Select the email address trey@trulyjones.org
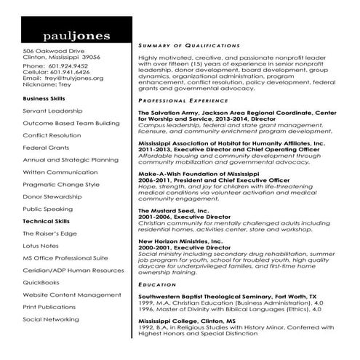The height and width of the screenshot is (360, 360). (71, 78)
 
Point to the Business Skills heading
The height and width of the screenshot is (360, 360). (44, 97)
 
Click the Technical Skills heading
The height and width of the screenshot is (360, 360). (46, 220)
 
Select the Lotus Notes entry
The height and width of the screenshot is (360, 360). (41, 246)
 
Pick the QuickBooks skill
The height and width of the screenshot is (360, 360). (41, 282)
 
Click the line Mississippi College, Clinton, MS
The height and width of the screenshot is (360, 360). (188, 321)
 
